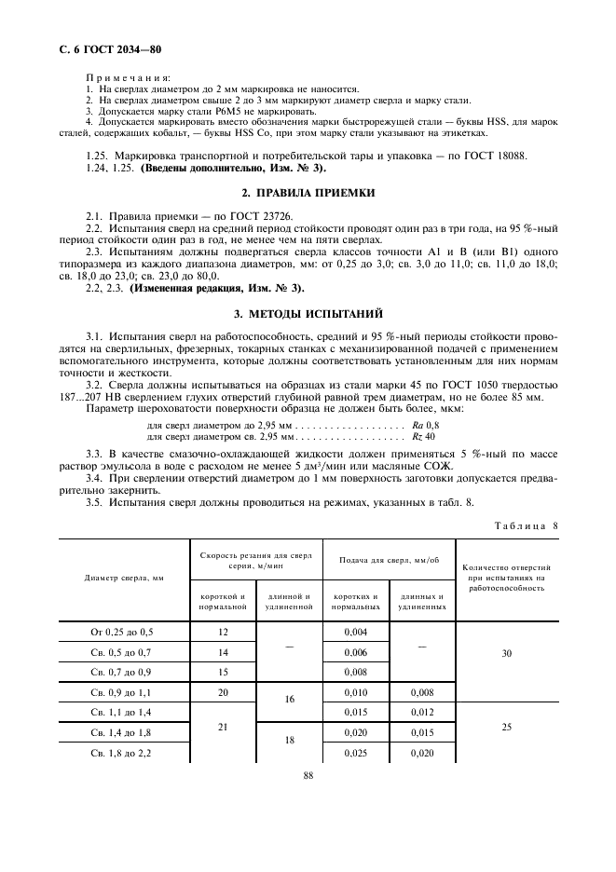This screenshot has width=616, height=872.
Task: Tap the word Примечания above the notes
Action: (x=128, y=77)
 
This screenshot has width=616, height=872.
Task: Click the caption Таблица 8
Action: (x=527, y=525)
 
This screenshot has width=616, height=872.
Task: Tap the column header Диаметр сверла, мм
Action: (x=124, y=578)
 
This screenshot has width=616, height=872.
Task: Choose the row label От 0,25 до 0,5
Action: (x=124, y=633)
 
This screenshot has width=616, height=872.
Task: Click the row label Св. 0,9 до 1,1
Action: (x=124, y=692)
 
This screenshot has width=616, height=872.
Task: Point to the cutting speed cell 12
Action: (x=223, y=633)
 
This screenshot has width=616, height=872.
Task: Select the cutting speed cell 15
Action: (x=223, y=672)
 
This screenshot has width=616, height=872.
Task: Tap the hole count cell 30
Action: (x=506, y=652)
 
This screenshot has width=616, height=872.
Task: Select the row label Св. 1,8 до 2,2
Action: (x=124, y=752)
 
